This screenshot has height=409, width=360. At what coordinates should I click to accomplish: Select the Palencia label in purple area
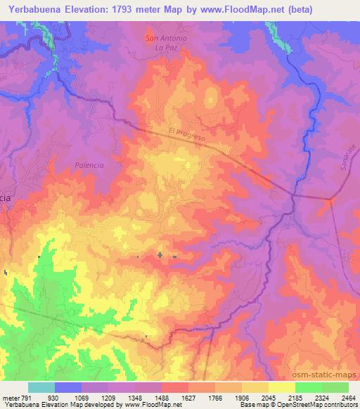89,165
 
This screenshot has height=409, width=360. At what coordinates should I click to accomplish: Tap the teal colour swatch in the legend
41,387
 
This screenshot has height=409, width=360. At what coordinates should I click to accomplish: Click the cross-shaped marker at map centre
160,255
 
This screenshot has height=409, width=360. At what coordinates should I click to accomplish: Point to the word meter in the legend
10,398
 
